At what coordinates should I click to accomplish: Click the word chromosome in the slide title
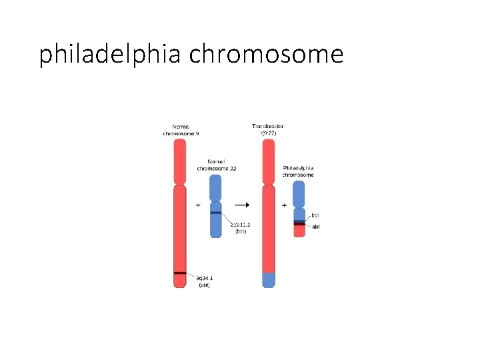pos(266,53)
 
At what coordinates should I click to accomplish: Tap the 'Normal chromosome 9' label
pos(181,130)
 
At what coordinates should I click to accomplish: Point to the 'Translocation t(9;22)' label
pos(268,129)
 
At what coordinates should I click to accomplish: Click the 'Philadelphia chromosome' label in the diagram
pos(298,171)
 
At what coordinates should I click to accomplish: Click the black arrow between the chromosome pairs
pos(243,205)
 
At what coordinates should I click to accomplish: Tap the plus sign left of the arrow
pos(198,205)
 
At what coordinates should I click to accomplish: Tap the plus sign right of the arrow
pos(285,205)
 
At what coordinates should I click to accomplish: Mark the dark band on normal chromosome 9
pos(179,273)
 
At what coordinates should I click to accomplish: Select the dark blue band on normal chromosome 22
pos(215,213)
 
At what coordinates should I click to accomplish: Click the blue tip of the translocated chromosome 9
pos(268,280)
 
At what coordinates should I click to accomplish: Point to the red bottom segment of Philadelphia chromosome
pos(299,231)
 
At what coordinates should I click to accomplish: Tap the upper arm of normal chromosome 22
pos(215,187)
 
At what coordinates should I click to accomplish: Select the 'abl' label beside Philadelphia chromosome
pos(316,227)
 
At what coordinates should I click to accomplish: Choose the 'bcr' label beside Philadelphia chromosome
pos(315,215)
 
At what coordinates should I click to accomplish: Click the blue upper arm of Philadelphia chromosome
pos(299,193)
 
